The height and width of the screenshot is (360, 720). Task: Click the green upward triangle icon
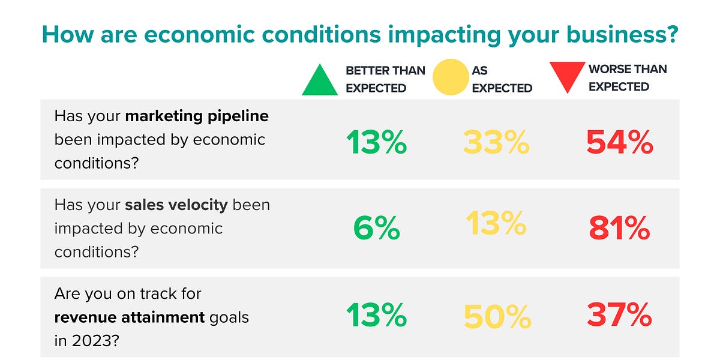coord(320,81)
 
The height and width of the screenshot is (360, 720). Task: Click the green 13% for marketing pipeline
coord(376,143)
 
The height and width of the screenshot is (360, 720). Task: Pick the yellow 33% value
coord(496,143)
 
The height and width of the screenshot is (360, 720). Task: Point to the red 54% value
coord(619,143)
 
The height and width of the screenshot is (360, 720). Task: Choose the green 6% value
coord(376,228)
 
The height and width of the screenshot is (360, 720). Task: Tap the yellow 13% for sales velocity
coord(496,224)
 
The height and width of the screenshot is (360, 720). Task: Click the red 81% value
coord(619,228)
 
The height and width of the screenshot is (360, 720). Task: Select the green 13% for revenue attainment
coord(376,315)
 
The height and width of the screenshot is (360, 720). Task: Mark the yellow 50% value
coord(497,316)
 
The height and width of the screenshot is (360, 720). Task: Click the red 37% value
coord(619,314)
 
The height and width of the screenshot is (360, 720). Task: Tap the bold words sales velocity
coord(176,205)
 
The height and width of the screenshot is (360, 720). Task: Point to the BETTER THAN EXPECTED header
coord(385,79)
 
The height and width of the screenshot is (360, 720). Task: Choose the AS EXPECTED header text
coord(502,79)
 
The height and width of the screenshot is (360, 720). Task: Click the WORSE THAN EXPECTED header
coord(627,78)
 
